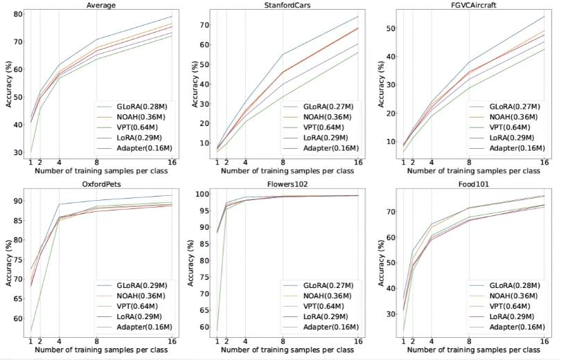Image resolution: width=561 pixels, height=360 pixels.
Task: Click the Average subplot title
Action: [x=100, y=5]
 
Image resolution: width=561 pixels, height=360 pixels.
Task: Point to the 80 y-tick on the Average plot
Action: [x=18, y=14]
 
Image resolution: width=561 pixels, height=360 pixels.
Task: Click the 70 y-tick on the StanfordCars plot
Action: [x=204, y=24]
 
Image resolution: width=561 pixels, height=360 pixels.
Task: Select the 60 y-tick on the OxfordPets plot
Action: [x=18, y=318]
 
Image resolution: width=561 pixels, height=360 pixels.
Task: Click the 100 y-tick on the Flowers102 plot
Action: [x=202, y=194]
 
